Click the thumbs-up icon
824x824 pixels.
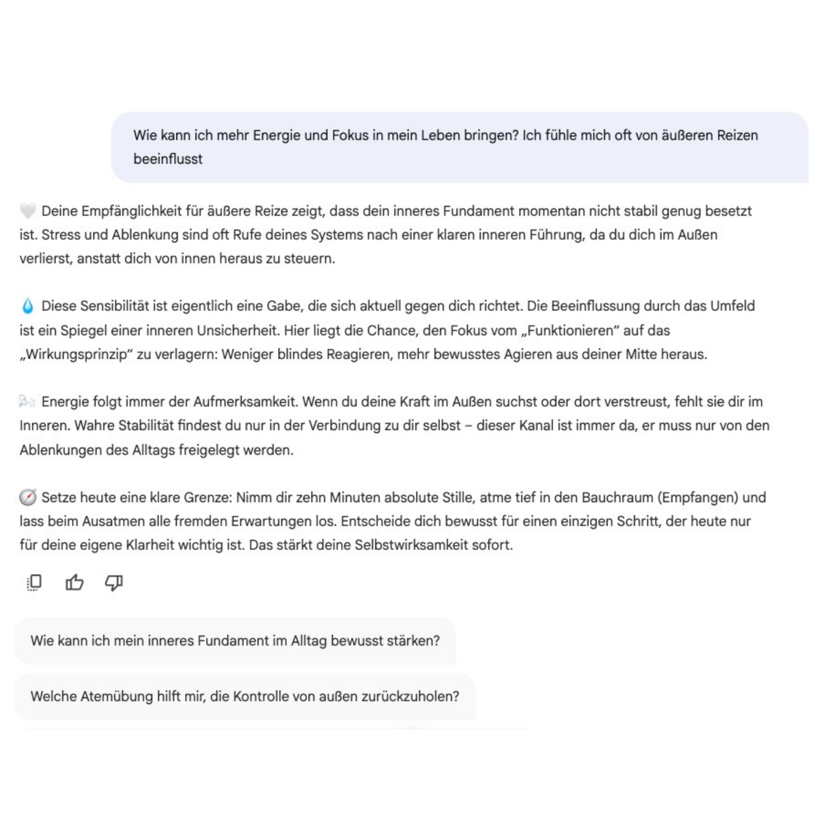click(74, 582)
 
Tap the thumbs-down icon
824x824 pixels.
click(114, 582)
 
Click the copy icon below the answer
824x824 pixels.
click(34, 582)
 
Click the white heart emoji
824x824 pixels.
click(27, 211)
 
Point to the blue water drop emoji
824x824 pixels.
click(27, 306)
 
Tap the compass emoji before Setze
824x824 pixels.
click(27, 498)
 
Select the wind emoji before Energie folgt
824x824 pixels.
click(27, 402)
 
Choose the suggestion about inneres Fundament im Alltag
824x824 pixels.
click(235, 641)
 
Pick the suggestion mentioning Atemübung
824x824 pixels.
click(244, 697)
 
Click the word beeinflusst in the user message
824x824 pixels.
click(168, 159)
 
